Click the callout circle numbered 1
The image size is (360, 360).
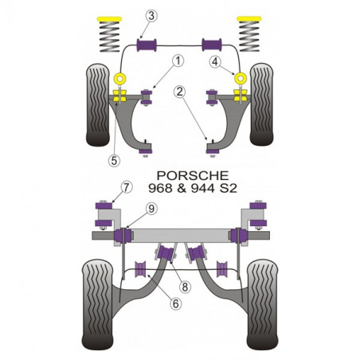click(x=178, y=61)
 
